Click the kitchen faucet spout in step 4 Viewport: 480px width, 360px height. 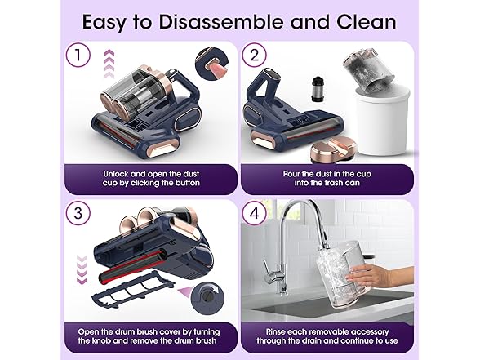pyautogui.click(x=294, y=233)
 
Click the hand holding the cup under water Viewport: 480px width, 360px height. pyautogui.click(x=380, y=275)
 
